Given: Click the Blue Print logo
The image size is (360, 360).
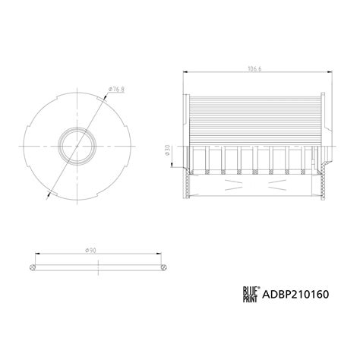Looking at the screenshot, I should (251, 292).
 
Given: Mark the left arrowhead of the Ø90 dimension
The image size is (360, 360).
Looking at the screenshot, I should (28, 255).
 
